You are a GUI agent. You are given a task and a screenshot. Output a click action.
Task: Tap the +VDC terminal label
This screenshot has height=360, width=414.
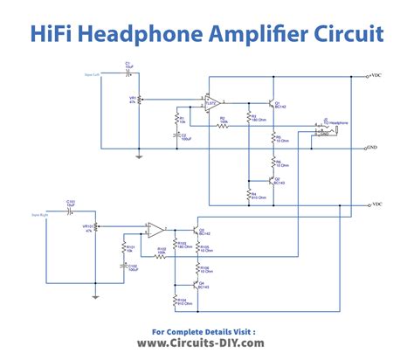coord(375,76)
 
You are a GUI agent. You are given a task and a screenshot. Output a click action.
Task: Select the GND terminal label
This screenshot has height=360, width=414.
coord(373,148)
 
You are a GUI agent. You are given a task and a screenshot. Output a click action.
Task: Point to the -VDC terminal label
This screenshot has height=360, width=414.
coord(375,204)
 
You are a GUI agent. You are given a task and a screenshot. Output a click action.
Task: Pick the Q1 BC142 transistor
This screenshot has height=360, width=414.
coord(272,104)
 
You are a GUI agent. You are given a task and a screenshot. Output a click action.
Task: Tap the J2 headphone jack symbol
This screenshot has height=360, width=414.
coord(324,132)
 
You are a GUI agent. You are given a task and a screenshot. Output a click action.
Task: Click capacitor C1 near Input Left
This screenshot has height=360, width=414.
coord(128,71)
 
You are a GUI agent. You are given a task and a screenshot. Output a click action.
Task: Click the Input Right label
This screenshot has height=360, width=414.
coord(40,213)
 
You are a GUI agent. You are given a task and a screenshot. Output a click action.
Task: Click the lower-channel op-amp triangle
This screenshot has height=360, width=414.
coord(155,231)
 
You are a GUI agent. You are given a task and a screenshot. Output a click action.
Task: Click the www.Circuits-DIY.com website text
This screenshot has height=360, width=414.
coord(207,345)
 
